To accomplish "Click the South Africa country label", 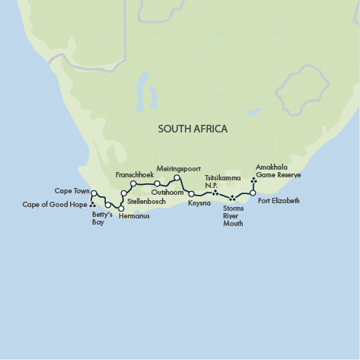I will [x=192, y=129].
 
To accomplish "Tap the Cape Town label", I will [x=72, y=190].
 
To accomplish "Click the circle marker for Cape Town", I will [x=94, y=193].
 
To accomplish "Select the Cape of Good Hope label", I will [x=55, y=204].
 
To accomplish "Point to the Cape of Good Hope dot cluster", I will [x=93, y=204].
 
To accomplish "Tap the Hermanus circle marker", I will [x=121, y=208].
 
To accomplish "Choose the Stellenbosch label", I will [x=147, y=201].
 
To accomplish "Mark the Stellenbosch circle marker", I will [x=123, y=193].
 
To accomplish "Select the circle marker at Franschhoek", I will [x=132, y=183].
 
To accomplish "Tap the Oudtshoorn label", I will [x=168, y=193].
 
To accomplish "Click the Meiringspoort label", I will [x=177, y=167].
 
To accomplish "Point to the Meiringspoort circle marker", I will [x=177, y=178].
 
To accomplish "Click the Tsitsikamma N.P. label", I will [x=222, y=181].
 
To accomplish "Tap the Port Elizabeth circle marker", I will [x=253, y=193].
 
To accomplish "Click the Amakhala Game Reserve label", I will [x=278, y=170].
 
